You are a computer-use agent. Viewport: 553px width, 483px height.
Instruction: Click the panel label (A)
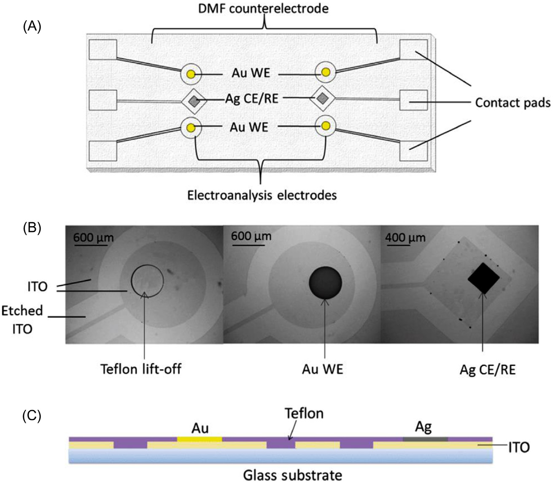tap(32, 27)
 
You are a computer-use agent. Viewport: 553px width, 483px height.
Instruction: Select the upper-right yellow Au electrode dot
tap(325, 72)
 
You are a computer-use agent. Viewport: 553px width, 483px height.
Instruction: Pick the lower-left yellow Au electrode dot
tap(191, 127)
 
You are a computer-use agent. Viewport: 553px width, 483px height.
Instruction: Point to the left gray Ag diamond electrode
tap(194, 101)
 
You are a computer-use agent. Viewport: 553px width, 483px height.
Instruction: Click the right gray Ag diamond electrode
tap(323, 98)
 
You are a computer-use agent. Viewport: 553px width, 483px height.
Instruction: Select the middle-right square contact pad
tap(413, 100)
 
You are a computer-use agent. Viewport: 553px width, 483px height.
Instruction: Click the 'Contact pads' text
tap(513, 103)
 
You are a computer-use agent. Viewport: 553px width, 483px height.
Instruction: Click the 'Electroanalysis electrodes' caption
tap(262, 195)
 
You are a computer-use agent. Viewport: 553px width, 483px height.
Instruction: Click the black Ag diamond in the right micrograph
tap(483, 278)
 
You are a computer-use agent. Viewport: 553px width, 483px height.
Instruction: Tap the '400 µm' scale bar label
tap(405, 237)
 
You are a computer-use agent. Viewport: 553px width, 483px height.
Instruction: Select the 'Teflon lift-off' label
tap(141, 369)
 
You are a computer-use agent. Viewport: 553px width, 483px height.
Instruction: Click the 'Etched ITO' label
tap(22, 319)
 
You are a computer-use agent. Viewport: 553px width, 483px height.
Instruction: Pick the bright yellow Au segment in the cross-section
tap(200, 439)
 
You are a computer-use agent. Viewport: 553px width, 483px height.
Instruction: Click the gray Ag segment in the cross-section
tap(425, 439)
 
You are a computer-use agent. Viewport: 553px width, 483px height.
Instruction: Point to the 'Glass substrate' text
tap(292, 475)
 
